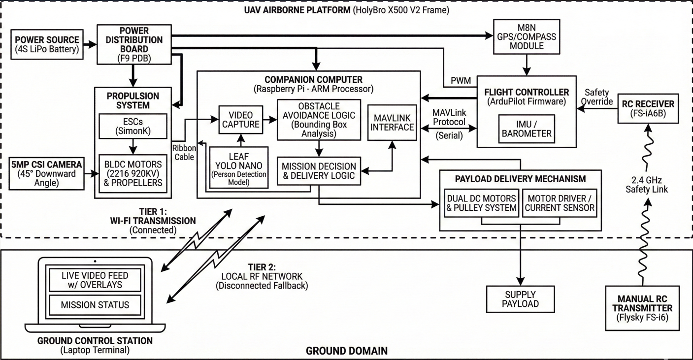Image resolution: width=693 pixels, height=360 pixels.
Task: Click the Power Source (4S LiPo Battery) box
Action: click(47, 44)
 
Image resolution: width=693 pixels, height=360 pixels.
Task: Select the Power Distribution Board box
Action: click(134, 44)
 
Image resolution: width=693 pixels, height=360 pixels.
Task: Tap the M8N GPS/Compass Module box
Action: click(527, 36)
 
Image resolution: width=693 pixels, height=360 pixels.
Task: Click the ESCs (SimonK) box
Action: click(133, 126)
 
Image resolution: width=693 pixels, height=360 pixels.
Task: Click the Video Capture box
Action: click(240, 120)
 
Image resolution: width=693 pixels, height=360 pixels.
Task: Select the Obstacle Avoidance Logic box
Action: click(319, 120)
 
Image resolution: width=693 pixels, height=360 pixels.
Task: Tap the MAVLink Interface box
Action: click(392, 123)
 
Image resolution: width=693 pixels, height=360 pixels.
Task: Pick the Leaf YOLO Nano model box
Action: click(239, 167)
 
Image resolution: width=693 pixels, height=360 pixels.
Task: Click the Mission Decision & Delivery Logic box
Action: click(319, 171)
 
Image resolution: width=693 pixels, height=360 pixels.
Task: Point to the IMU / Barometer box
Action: click(527, 129)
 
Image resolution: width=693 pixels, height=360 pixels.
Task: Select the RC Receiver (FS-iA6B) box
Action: click(648, 109)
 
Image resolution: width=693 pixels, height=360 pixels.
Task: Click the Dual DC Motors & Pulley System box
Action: click(481, 203)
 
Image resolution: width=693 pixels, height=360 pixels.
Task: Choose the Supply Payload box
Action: click(520, 298)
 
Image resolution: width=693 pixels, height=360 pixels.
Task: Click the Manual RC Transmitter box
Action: click(642, 308)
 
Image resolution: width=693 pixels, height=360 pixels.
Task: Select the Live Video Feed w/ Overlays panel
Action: click(95, 280)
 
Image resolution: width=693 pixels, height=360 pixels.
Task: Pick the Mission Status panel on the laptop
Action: click(95, 305)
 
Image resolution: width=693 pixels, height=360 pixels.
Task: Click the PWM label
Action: click(461, 80)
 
